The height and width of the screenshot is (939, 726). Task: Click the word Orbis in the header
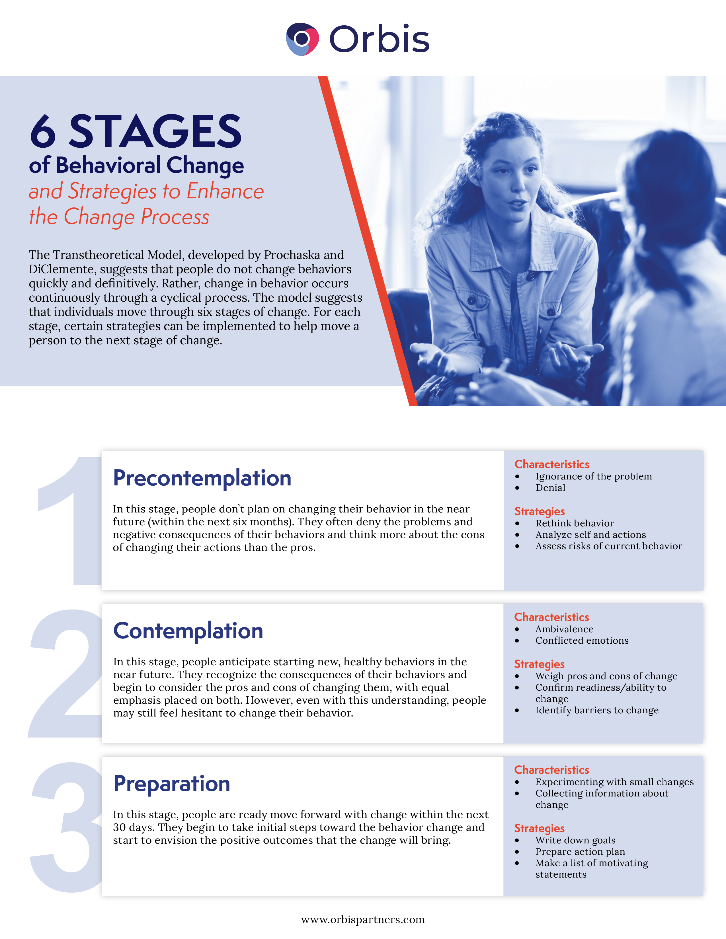tap(379, 39)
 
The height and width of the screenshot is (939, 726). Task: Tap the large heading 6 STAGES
tap(136, 131)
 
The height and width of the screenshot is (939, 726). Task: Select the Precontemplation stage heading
tap(202, 478)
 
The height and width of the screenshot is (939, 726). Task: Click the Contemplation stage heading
tap(188, 631)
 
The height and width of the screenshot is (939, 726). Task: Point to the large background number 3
tap(65, 825)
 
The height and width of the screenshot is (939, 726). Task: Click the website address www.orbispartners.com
tap(362, 919)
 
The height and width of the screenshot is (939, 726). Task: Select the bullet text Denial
tap(550, 487)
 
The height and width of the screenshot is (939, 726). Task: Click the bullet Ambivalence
tap(564, 629)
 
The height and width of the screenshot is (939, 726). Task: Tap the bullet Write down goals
tap(575, 840)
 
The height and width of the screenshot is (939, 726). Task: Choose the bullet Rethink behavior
tap(574, 523)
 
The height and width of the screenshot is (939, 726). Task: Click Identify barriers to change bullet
tap(596, 710)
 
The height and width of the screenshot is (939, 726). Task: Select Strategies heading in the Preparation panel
tap(539, 828)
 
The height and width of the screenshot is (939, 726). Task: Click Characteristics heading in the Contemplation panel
tap(551, 617)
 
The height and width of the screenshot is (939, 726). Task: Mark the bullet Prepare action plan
tap(580, 852)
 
